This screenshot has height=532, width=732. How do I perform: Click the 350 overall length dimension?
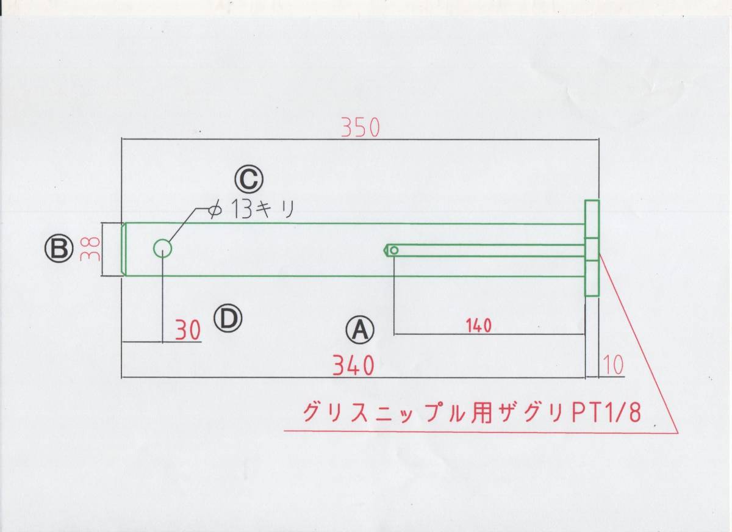(361, 127)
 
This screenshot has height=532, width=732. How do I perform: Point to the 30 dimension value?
(188, 331)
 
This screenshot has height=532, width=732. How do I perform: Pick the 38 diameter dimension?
(92, 249)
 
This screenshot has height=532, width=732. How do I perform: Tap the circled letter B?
(57, 248)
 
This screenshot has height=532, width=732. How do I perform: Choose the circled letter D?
(228, 317)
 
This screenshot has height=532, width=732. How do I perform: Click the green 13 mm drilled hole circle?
(162, 248)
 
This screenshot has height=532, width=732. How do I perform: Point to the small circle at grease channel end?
(395, 250)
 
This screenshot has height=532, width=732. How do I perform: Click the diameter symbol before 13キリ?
(214, 210)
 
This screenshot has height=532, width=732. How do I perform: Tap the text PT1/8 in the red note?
(607, 413)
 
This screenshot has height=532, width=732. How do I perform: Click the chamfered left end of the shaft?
(124, 250)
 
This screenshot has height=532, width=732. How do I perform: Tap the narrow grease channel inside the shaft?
(488, 250)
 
